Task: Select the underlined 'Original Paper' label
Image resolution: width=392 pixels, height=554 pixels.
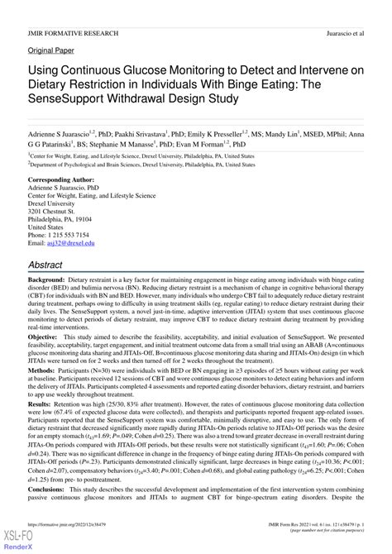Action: coord(51,50)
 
